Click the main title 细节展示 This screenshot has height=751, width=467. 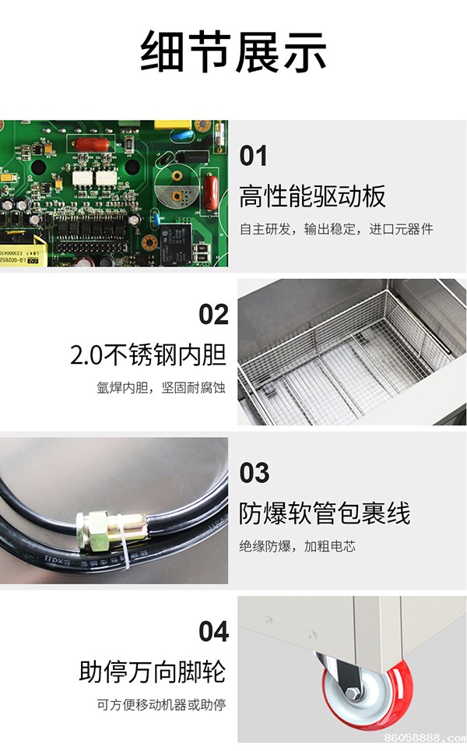[233, 51]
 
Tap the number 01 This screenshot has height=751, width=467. [253, 156]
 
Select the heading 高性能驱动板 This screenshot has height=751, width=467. [312, 196]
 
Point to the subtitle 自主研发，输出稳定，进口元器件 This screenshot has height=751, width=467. [336, 229]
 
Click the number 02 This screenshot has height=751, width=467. [213, 315]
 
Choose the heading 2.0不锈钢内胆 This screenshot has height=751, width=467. [149, 355]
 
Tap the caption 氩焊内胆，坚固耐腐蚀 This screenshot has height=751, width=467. [161, 387]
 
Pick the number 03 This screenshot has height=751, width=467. [254, 473]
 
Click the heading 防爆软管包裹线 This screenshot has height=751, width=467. [325, 513]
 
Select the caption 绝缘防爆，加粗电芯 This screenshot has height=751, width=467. [297, 546]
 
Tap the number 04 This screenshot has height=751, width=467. [213, 632]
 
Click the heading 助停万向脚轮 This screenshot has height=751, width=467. [152, 672]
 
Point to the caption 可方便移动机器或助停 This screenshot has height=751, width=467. [161, 704]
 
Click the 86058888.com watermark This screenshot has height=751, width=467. [425, 738]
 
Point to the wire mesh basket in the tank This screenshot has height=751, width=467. [346, 357]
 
